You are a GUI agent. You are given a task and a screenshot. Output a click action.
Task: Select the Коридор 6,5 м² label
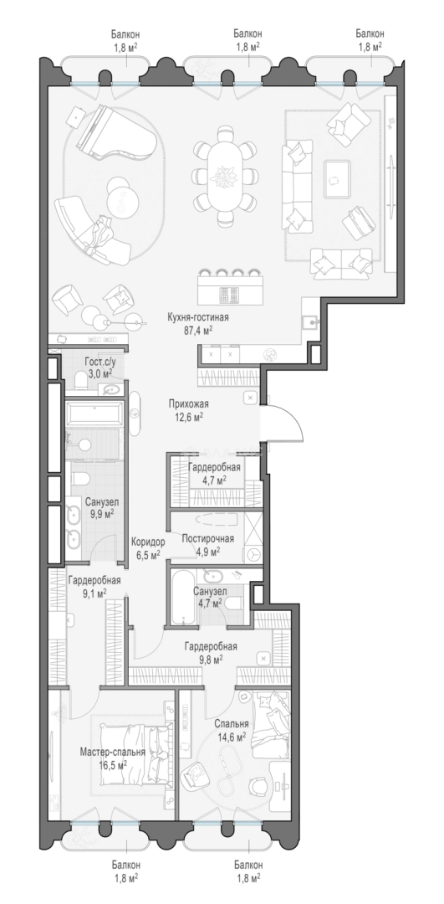pyautogui.click(x=148, y=547)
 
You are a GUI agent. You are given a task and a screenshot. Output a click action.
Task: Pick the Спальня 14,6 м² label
pyautogui.click(x=232, y=729)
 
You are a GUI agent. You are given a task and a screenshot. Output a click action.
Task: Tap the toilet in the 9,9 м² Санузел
pyautogui.click(x=79, y=480)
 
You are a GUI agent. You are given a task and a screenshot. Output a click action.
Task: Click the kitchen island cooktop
pyautogui.click(x=226, y=295)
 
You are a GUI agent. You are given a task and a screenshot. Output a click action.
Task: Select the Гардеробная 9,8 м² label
pyautogui.click(x=211, y=653)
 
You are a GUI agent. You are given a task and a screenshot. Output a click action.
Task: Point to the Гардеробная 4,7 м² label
pyautogui.click(x=214, y=473)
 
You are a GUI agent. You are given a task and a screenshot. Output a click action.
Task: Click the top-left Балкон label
pyautogui.click(x=126, y=40)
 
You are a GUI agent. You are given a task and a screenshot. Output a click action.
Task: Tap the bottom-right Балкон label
pyautogui.click(x=248, y=871)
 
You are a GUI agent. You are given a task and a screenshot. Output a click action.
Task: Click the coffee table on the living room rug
pyautogui.click(x=338, y=179)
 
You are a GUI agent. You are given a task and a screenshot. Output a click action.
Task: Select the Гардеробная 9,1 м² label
pyautogui.click(x=94, y=586)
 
